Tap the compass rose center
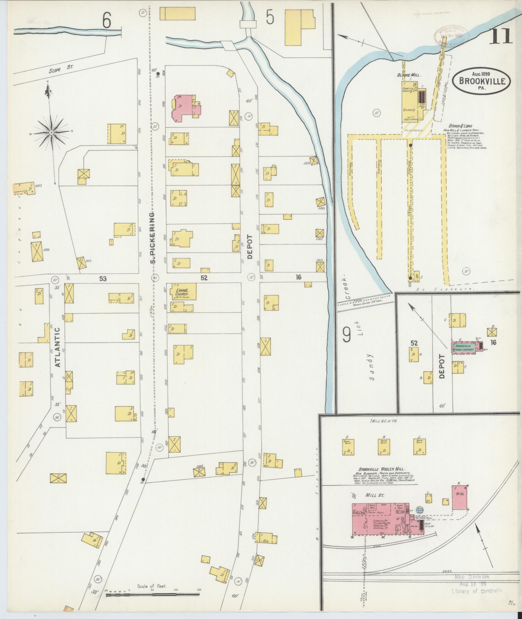click(51, 133)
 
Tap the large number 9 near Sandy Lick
click(347, 335)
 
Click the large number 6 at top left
click(107, 21)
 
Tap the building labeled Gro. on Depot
click(266, 538)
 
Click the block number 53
click(103, 278)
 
